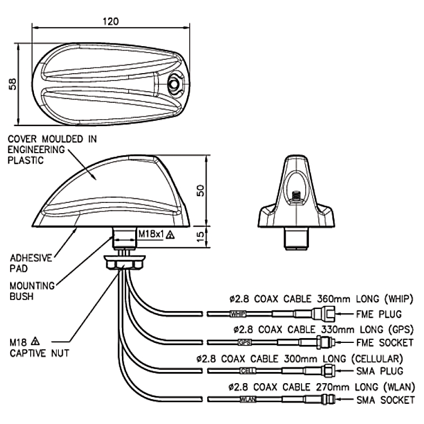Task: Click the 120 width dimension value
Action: coord(111,21)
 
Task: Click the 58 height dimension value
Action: coord(12,84)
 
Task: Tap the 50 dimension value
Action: coord(200,190)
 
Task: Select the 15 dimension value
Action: coord(200,236)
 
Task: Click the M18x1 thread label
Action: coord(151,234)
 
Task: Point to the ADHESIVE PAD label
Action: coord(31,263)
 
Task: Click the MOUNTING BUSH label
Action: coord(32,291)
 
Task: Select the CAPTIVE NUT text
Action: coord(39,353)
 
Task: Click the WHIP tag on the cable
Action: coord(237,314)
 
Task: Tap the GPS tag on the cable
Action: coord(244,342)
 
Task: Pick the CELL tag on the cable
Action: coord(248,370)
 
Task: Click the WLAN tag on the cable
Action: coord(248,399)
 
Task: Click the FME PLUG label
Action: coord(378,314)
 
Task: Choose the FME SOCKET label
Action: coord(385,342)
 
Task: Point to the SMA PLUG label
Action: coord(379,371)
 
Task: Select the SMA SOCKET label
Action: coord(385,400)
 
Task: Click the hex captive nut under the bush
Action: coord(125,263)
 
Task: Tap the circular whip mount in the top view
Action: coord(174,84)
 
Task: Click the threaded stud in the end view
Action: coord(297,195)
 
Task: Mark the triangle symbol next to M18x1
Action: coord(170,234)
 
